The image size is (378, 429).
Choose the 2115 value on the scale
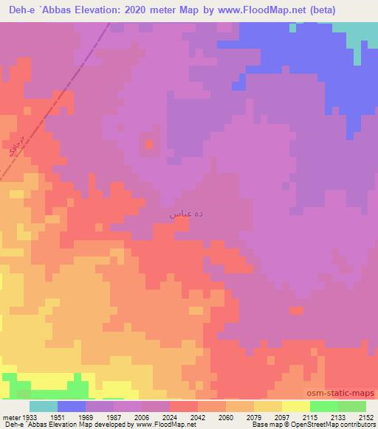point(295,417)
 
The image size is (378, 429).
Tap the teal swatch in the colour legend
point(44,406)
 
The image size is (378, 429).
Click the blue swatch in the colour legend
point(72,406)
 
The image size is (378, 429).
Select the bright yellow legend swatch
point(295,406)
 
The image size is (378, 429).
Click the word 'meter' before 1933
point(10,417)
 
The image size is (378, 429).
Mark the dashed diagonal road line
point(74,88)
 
